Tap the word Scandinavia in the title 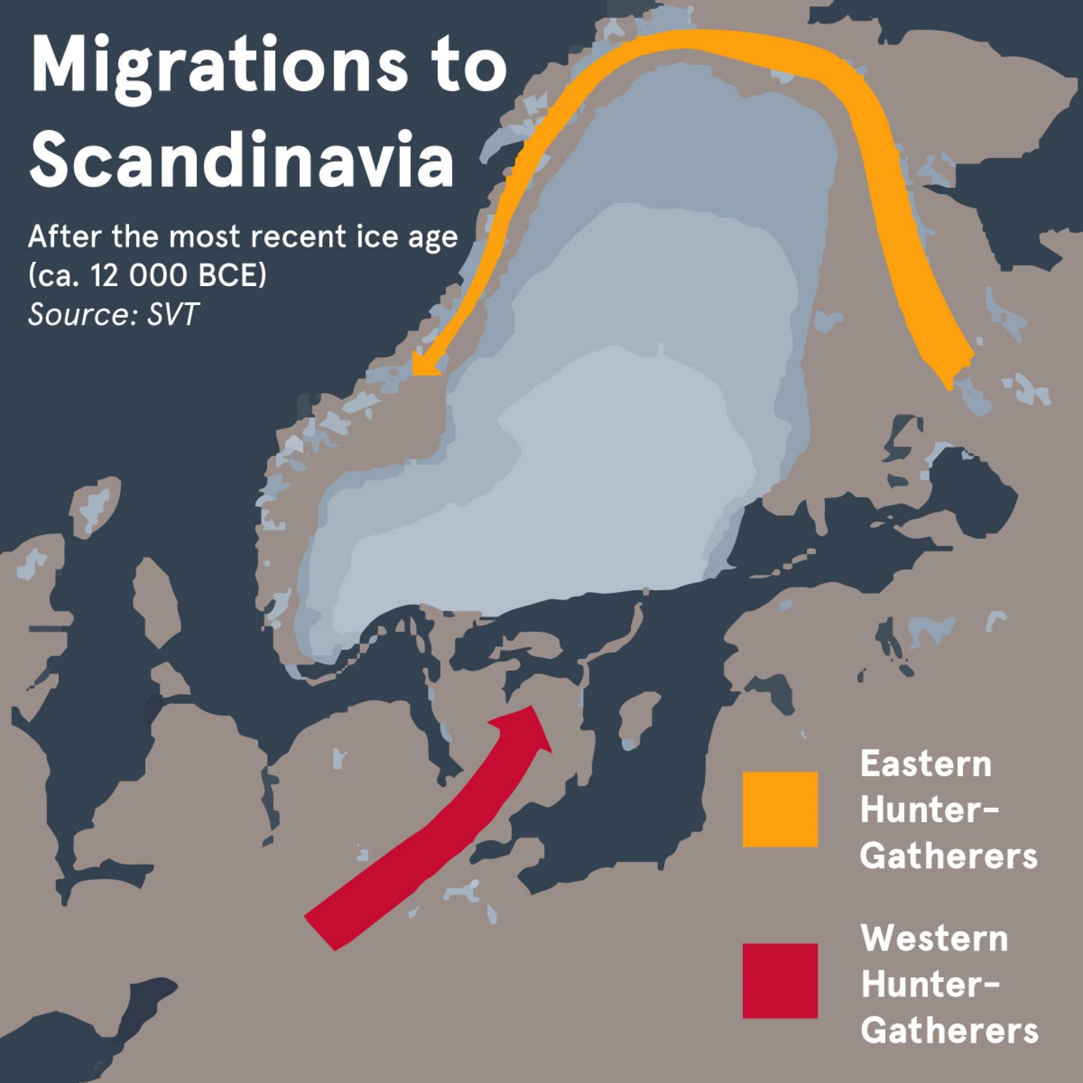241,159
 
